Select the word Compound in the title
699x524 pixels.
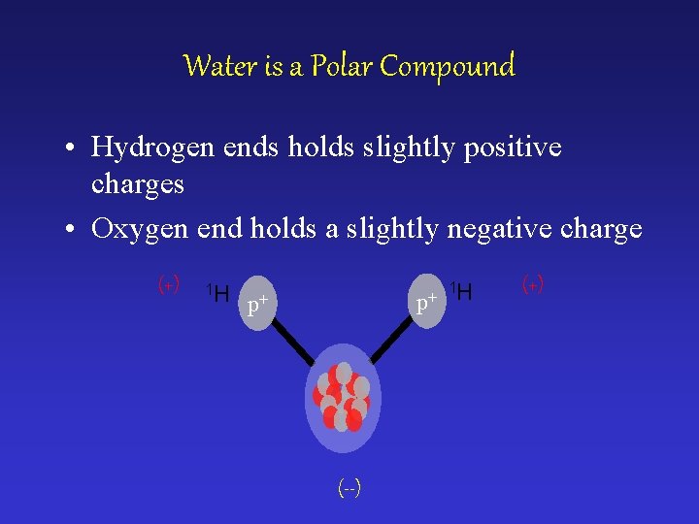pos(448,67)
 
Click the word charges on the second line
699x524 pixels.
pos(137,183)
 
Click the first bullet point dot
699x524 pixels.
pos(73,148)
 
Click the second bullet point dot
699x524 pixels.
pos(73,230)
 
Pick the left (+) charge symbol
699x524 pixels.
pos(168,285)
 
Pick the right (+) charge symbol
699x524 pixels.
pos(532,285)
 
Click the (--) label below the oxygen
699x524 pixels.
pos(349,488)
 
